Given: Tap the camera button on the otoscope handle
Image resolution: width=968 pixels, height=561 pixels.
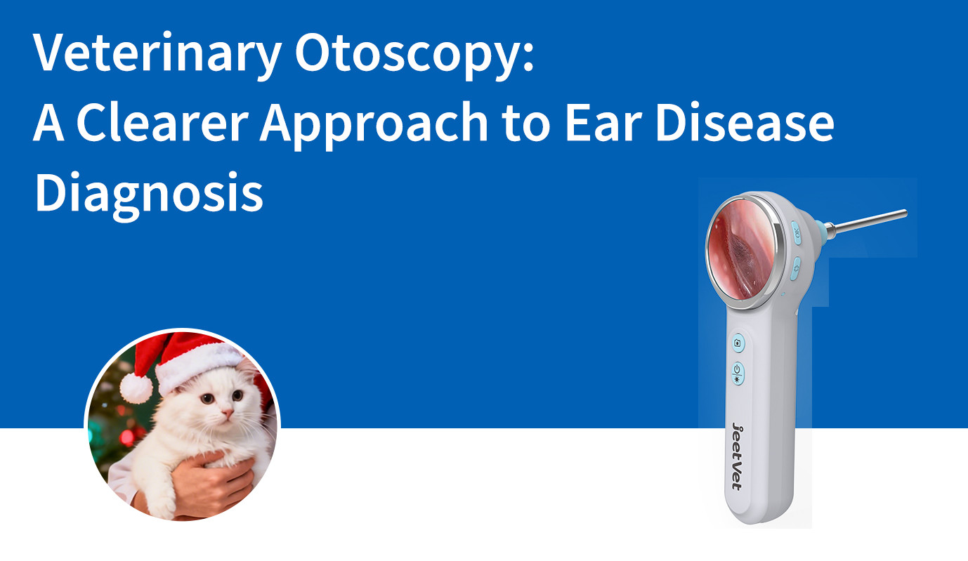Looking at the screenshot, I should click(738, 343).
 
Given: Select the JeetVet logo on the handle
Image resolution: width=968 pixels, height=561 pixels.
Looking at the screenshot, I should click(735, 456).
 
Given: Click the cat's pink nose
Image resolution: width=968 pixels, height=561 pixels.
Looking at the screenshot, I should click(225, 412).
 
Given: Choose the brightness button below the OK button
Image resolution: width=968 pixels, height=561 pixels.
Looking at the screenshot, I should click(796, 267).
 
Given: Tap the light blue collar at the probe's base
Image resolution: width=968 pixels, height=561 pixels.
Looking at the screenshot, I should click(819, 230).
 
